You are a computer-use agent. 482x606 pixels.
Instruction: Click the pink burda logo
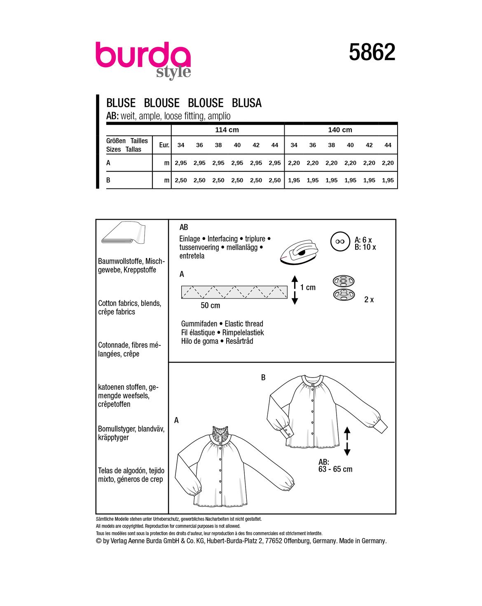tap(143, 56)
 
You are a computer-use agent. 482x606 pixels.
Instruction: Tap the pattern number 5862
tap(372, 53)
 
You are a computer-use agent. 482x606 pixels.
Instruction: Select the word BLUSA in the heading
tap(246, 103)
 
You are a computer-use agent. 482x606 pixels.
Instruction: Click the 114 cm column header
tap(227, 130)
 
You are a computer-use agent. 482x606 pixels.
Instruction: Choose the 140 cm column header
tap(340, 130)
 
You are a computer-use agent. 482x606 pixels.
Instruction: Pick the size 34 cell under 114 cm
tap(181, 145)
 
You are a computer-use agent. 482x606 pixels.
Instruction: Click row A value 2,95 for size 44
tap(275, 163)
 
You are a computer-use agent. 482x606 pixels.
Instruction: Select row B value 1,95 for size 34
tap(294, 180)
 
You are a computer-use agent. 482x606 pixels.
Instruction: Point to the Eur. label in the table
tap(164, 145)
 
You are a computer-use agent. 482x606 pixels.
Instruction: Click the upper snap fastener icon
tap(343, 282)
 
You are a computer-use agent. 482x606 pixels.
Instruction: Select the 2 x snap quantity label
tap(369, 300)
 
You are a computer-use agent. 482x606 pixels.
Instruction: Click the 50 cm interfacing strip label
tap(210, 305)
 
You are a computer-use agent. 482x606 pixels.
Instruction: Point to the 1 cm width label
tap(308, 287)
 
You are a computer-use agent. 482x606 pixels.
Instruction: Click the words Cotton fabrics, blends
tap(129, 303)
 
